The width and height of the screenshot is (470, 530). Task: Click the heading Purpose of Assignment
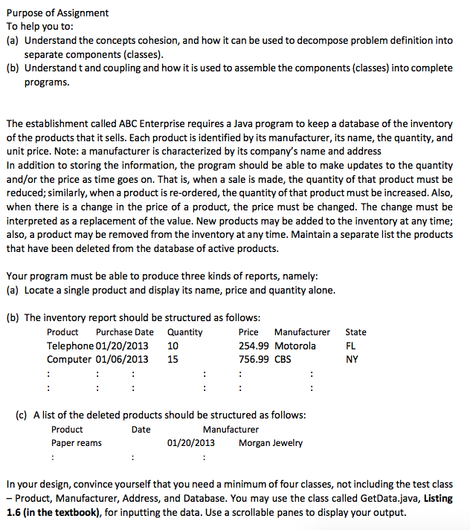pyautogui.click(x=57, y=13)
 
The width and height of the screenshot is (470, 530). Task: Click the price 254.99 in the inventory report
pyautogui.click(x=254, y=346)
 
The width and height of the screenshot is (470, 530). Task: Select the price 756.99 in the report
pyautogui.click(x=254, y=359)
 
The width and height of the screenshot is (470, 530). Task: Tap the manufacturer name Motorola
pyautogui.click(x=295, y=346)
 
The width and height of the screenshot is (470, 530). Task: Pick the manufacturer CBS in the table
pyautogui.click(x=283, y=359)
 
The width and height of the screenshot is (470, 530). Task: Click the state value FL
pyautogui.click(x=351, y=346)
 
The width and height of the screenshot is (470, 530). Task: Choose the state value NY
pyautogui.click(x=352, y=359)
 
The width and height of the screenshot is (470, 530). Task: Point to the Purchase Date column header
pyautogui.click(x=125, y=332)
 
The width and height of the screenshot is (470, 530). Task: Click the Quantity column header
pyautogui.click(x=185, y=332)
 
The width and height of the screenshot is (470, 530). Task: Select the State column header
pyautogui.click(x=355, y=332)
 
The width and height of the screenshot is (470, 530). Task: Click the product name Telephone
pyautogui.click(x=70, y=346)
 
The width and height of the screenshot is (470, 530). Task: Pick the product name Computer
pyautogui.click(x=70, y=359)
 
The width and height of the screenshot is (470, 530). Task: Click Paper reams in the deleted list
pyautogui.click(x=77, y=443)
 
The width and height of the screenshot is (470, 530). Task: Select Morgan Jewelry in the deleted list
pyautogui.click(x=271, y=443)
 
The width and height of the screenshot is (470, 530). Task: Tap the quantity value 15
pyautogui.click(x=173, y=359)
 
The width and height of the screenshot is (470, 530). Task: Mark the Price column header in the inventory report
pyautogui.click(x=248, y=332)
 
